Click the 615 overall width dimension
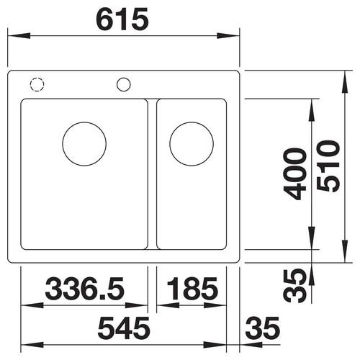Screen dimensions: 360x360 (x=122, y=19)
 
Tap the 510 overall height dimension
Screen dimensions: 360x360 (x=328, y=166)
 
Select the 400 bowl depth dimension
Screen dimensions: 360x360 (x=294, y=174)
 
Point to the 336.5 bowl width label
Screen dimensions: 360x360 (x=85, y=289)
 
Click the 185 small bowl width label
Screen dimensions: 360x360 (x=192, y=289)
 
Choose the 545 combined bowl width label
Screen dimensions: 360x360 (x=124, y=328)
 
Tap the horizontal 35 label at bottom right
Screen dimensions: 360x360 (x=263, y=328)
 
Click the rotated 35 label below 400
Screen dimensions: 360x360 (x=294, y=286)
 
